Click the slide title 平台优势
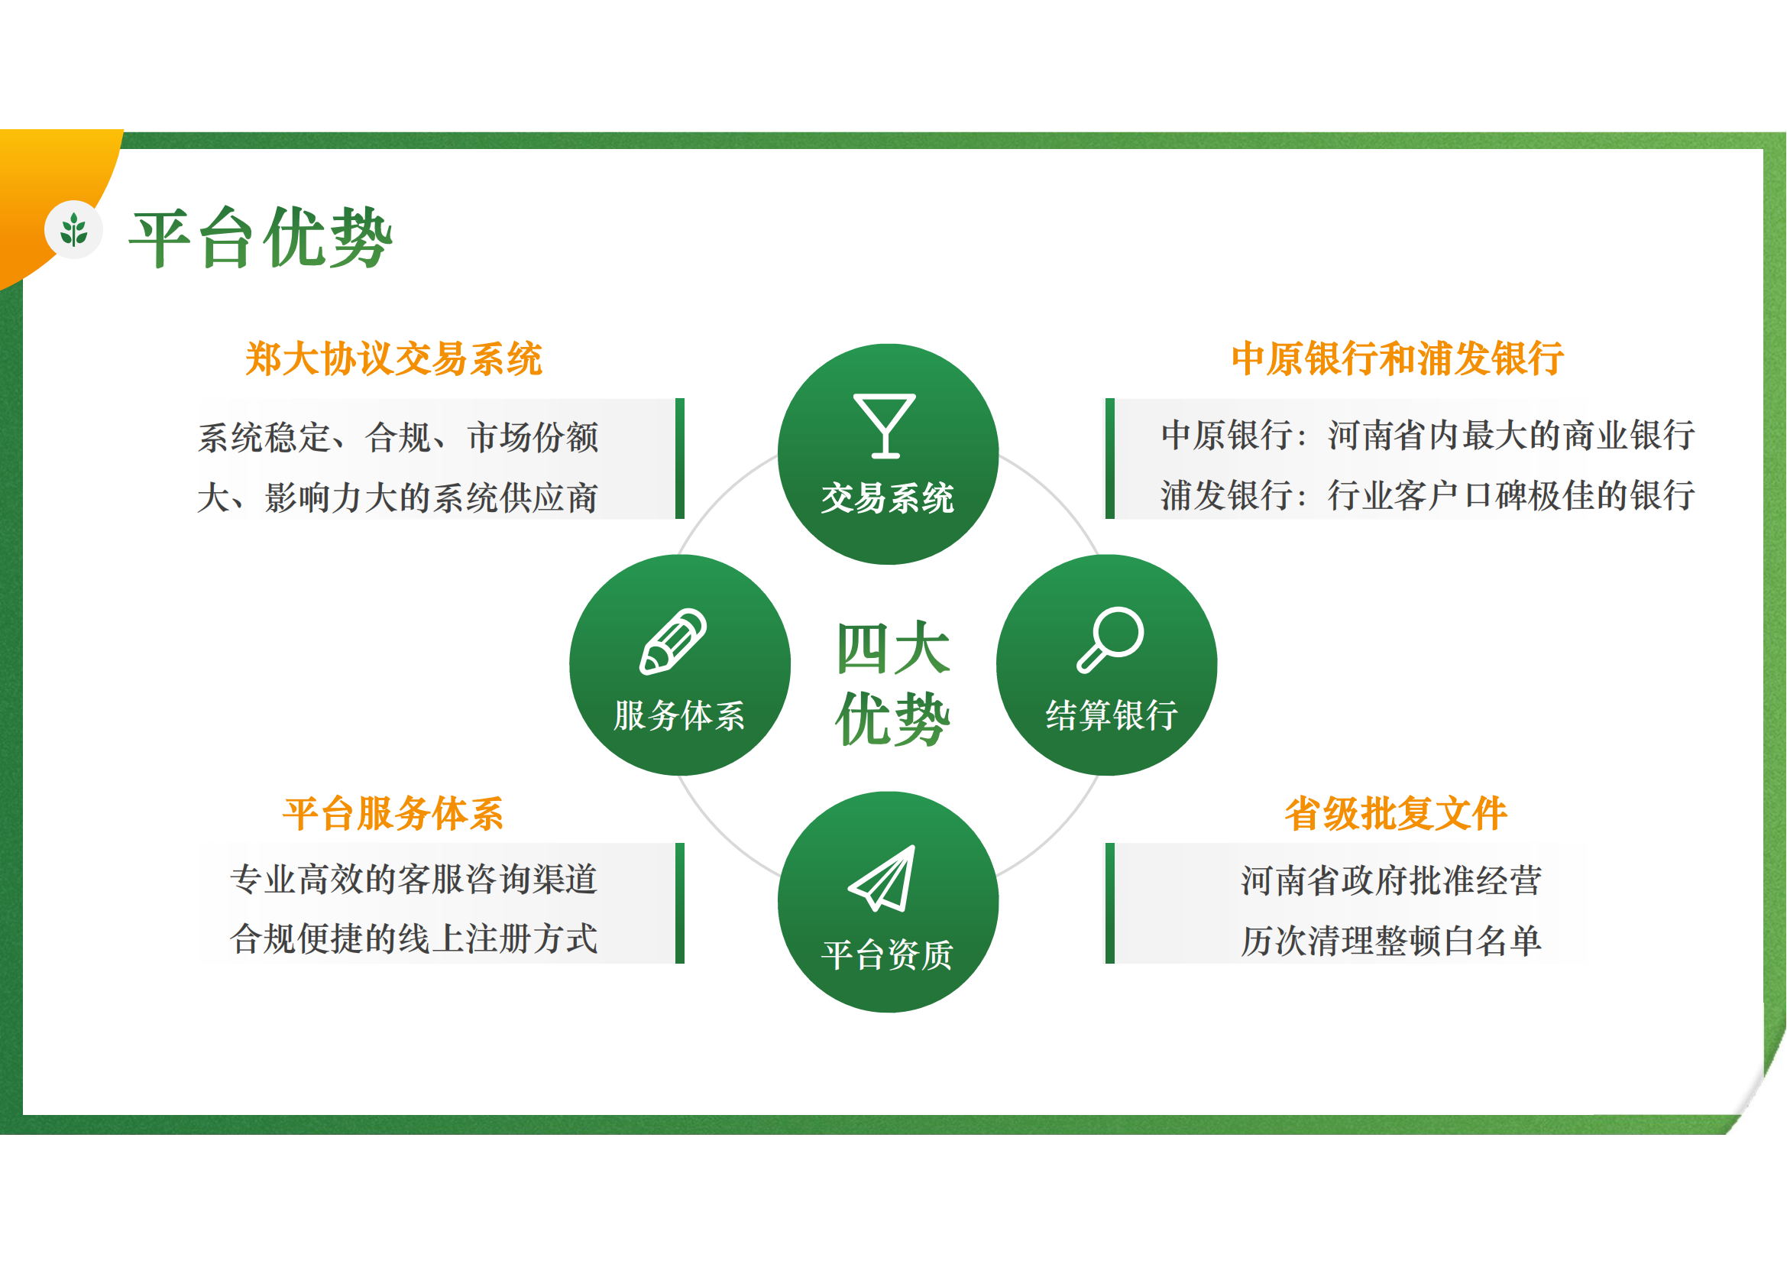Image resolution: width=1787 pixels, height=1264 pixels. tap(261, 238)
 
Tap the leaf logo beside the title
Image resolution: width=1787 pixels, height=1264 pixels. tap(74, 229)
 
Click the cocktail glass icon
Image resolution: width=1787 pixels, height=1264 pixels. tap(884, 426)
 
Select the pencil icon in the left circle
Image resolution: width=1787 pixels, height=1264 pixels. tap(673, 641)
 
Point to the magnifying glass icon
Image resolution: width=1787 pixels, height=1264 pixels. tap(1110, 639)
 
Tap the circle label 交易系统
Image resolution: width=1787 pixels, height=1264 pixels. tap(887, 498)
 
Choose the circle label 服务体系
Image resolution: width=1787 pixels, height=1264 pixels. tap(679, 715)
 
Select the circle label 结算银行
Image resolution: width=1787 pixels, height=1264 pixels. tap(1112, 715)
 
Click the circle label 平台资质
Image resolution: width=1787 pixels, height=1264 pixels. tap(887, 954)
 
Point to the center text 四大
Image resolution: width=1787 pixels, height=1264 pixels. tap(894, 648)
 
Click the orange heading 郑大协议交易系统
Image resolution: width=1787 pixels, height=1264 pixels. tap(393, 359)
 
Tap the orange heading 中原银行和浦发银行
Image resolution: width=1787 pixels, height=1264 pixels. tap(1398, 359)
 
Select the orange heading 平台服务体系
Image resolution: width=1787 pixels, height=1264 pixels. tap(393, 814)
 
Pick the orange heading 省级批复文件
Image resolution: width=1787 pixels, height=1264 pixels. tap(1397, 814)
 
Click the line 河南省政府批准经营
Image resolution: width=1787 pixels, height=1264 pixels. tap(1391, 880)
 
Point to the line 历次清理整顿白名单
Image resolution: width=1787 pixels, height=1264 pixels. tap(1391, 941)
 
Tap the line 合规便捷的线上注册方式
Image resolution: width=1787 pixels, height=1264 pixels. tap(414, 938)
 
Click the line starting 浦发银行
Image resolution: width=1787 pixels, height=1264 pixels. tap(1428, 495)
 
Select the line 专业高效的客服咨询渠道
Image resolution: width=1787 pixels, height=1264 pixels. tap(414, 879)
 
